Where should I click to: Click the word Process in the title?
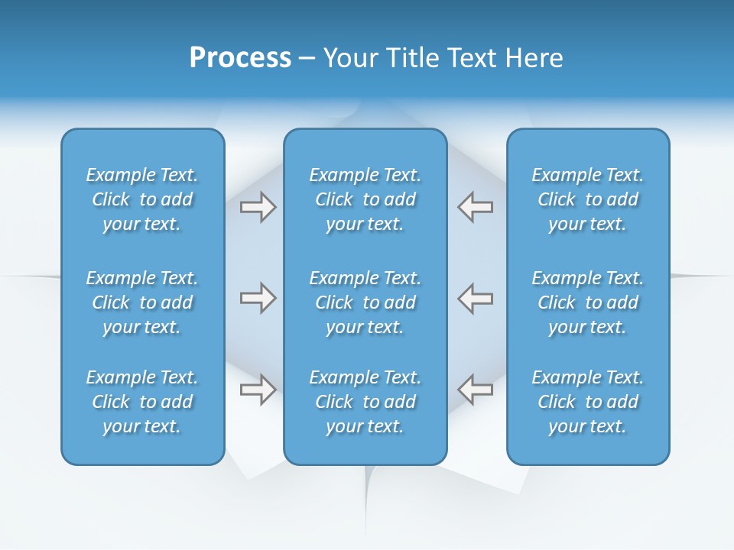240,58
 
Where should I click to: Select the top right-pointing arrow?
258,207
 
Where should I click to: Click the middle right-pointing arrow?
258,298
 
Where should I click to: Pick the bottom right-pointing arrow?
258,390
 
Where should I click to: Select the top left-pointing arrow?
475,207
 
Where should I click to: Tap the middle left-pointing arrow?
475,298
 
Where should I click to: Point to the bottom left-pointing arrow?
475,390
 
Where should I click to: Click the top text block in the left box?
142,199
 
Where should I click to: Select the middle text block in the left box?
142,302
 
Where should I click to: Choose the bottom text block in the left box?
142,402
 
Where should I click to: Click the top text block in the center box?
365,199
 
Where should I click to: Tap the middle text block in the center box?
365,302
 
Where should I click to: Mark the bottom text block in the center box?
365,402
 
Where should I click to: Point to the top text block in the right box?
588,199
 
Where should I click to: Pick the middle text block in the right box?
588,302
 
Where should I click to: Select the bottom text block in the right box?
588,402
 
